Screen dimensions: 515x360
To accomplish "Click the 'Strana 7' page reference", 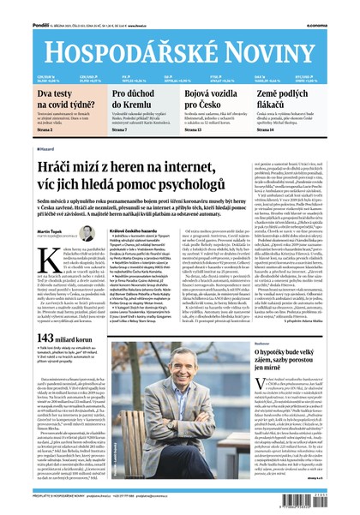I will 119,130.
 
